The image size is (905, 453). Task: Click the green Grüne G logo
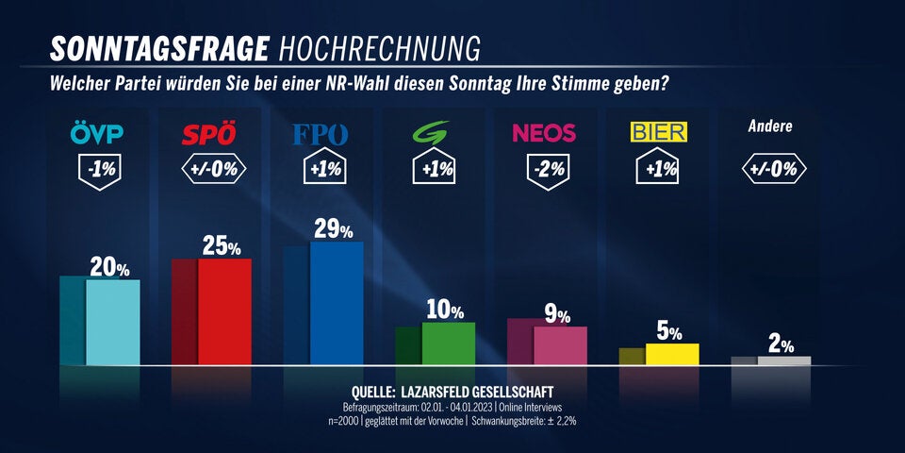[x=434, y=133]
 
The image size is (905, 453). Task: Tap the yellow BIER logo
[x=658, y=132]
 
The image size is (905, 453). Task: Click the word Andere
[x=770, y=126]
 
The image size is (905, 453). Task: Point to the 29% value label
[x=333, y=229]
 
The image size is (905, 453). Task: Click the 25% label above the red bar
[x=222, y=247]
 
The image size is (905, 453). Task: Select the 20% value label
[x=109, y=268]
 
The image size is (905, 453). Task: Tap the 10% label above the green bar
[x=444, y=310]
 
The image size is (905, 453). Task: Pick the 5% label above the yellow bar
[x=668, y=331]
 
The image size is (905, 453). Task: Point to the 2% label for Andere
[x=781, y=344]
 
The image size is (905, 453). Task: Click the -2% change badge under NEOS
[x=546, y=170]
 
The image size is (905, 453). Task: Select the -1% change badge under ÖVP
[x=97, y=170]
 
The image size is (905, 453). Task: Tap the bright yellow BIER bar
[x=672, y=354]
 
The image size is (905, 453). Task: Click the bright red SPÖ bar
[x=224, y=311]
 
